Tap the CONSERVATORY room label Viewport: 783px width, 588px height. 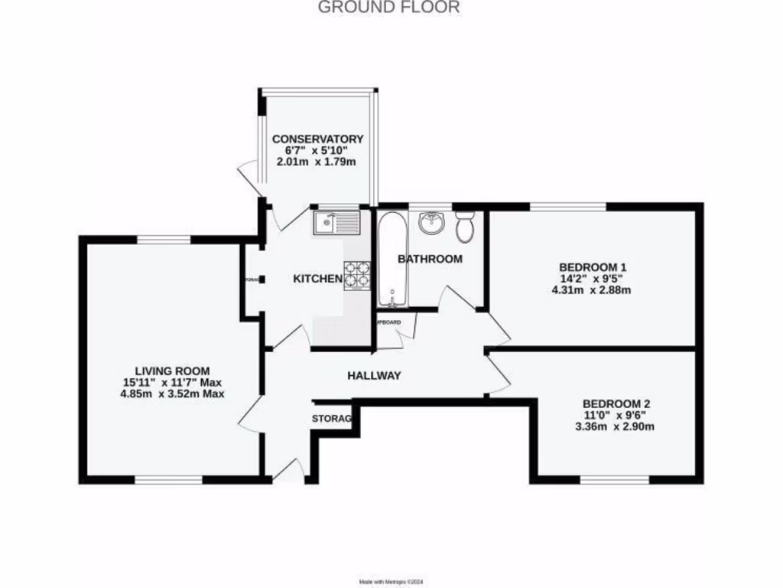(x=318, y=139)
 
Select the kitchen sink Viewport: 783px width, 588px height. (x=336, y=222)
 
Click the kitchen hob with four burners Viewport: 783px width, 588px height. (x=357, y=276)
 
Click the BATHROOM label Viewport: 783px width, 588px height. (x=430, y=259)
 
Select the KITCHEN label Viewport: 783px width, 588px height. (x=317, y=279)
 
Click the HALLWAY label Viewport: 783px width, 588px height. (x=374, y=376)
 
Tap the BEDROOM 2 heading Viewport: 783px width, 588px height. (x=616, y=403)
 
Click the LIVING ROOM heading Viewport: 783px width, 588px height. (x=167, y=370)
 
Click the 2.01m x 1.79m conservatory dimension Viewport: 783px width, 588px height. (x=318, y=162)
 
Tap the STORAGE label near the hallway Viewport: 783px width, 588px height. (x=332, y=419)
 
